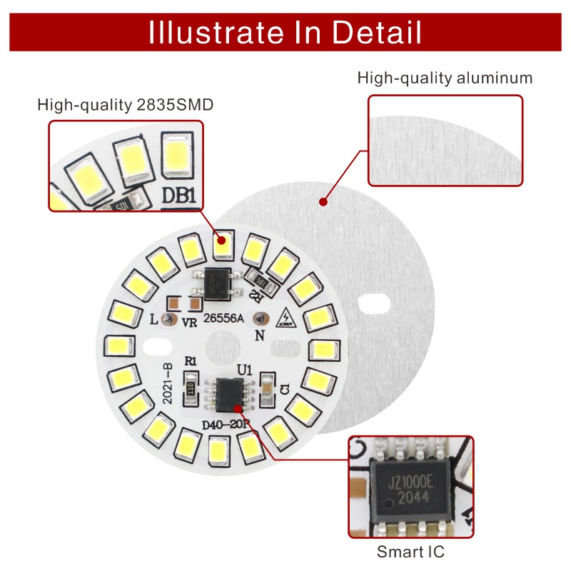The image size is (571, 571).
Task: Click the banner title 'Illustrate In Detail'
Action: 285,32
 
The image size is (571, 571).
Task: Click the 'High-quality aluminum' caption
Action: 445,78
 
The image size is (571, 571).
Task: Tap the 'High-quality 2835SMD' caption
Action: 126,106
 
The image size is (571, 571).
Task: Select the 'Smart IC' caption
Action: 411,552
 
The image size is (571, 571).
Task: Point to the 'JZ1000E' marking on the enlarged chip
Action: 410,480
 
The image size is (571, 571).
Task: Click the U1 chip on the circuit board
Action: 228,395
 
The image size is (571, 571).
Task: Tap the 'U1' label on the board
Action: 244,370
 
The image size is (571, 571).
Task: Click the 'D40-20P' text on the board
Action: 226,425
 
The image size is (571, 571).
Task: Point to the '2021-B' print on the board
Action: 168,385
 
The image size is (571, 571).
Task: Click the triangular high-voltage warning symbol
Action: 287,317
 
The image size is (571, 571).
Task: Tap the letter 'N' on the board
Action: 260,334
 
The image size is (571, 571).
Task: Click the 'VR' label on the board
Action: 189,323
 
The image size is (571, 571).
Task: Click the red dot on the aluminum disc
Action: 323,202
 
